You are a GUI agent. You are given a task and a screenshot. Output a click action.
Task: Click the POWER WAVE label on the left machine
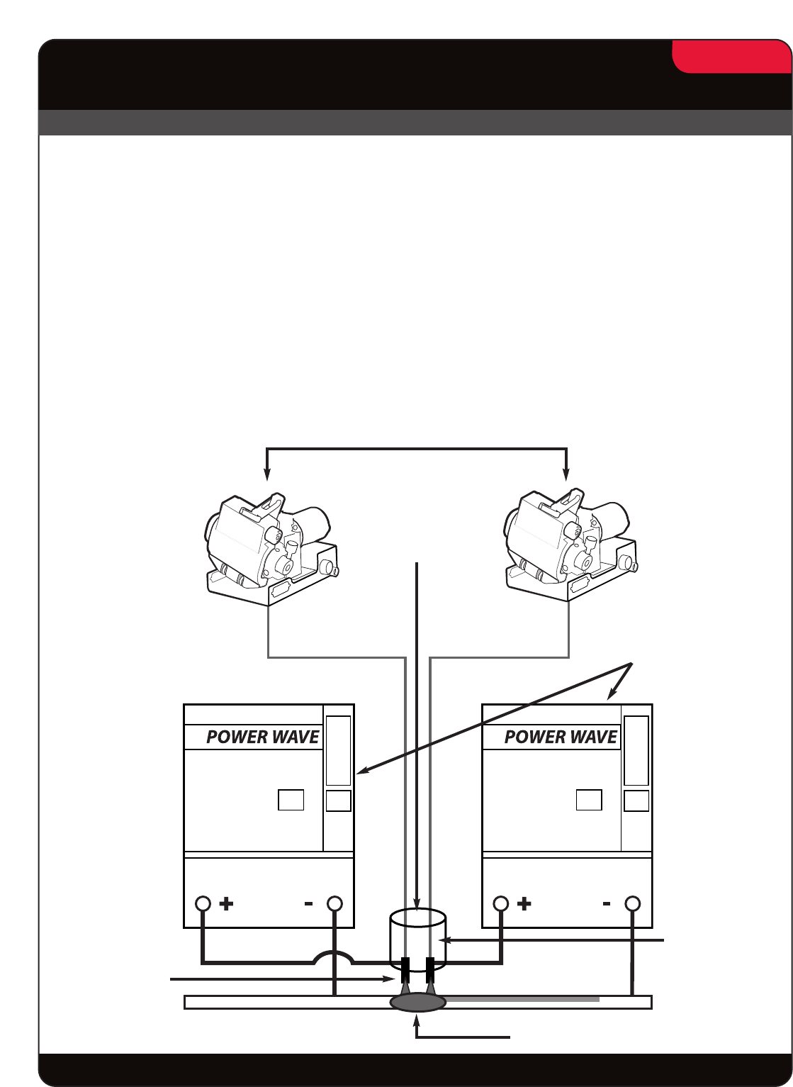pyautogui.click(x=262, y=737)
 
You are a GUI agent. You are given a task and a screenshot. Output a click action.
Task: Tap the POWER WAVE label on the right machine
pyautogui.click(x=561, y=737)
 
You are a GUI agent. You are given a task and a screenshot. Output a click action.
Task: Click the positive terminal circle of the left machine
pyautogui.click(x=203, y=904)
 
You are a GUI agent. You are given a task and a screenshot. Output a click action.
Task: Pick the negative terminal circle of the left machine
pyautogui.click(x=335, y=904)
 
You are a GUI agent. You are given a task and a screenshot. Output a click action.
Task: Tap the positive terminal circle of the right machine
pyautogui.click(x=501, y=904)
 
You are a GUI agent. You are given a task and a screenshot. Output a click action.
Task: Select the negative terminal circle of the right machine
pyautogui.click(x=634, y=904)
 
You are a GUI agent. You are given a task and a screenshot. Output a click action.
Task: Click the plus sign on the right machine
pyautogui.click(x=525, y=904)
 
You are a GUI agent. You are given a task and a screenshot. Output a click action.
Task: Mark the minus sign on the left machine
pyautogui.click(x=308, y=904)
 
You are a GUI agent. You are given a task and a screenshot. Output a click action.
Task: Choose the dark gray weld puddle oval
pyautogui.click(x=418, y=1003)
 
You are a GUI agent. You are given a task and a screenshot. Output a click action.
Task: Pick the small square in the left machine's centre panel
pyautogui.click(x=291, y=800)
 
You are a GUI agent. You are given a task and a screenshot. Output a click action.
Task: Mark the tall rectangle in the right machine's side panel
pyautogui.click(x=636, y=750)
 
